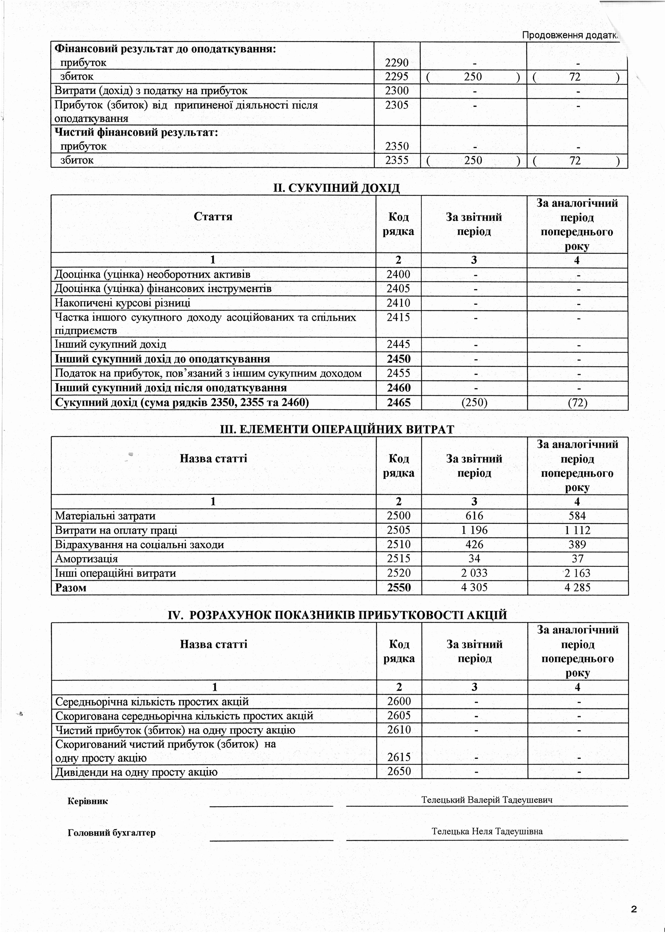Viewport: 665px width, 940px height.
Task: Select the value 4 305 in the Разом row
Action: pyautogui.click(x=474, y=588)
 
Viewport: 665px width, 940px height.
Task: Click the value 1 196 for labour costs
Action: pyautogui.click(x=474, y=530)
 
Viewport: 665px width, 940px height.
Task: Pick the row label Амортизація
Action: pyautogui.click(x=86, y=559)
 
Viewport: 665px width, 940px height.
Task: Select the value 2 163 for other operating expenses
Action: pyautogui.click(x=577, y=573)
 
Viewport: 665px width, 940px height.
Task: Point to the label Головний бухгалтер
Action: pyautogui.click(x=111, y=833)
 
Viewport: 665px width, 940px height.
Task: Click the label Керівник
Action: pyautogui.click(x=88, y=801)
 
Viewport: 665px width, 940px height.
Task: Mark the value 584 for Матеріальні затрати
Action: pyautogui.click(x=577, y=516)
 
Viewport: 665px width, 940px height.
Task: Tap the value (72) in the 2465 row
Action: pyautogui.click(x=577, y=403)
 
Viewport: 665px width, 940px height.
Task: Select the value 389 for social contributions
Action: pyautogui.click(x=577, y=544)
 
